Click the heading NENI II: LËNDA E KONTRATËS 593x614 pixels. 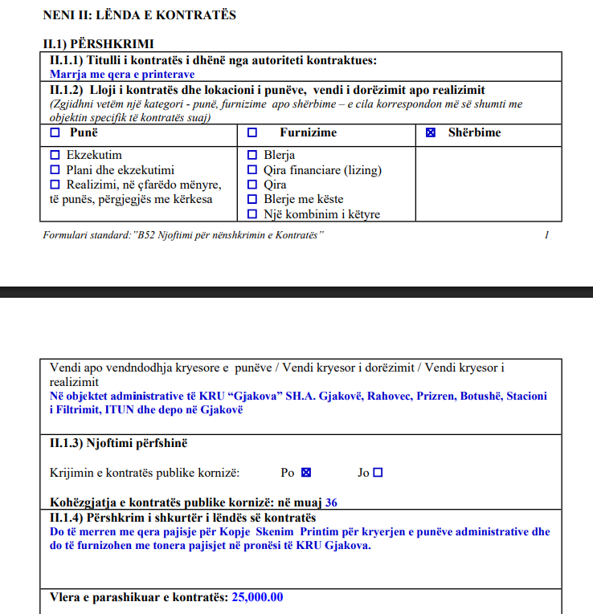pyautogui.click(x=139, y=15)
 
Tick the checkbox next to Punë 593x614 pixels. pyautogui.click(x=55, y=132)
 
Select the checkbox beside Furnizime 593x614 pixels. pyautogui.click(x=252, y=132)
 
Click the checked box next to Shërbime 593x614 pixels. pyautogui.click(x=431, y=132)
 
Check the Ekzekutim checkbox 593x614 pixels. pyautogui.click(x=55, y=155)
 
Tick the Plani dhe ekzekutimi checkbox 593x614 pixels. pyautogui.click(x=55, y=169)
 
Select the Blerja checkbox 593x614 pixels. pyautogui.click(x=252, y=155)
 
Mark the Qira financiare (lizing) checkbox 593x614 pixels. pyautogui.click(x=252, y=169)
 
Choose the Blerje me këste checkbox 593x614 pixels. pyautogui.click(x=252, y=199)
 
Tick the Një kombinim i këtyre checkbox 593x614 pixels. pyautogui.click(x=252, y=214)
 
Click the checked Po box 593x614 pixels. pyautogui.click(x=306, y=473)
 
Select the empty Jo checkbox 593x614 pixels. pyautogui.click(x=378, y=473)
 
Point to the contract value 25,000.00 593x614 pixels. pyautogui.click(x=257, y=597)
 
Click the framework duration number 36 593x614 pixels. pyautogui.click(x=331, y=503)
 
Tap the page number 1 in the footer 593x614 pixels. pyautogui.click(x=546, y=235)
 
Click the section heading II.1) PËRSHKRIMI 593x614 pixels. pyautogui.click(x=98, y=43)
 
